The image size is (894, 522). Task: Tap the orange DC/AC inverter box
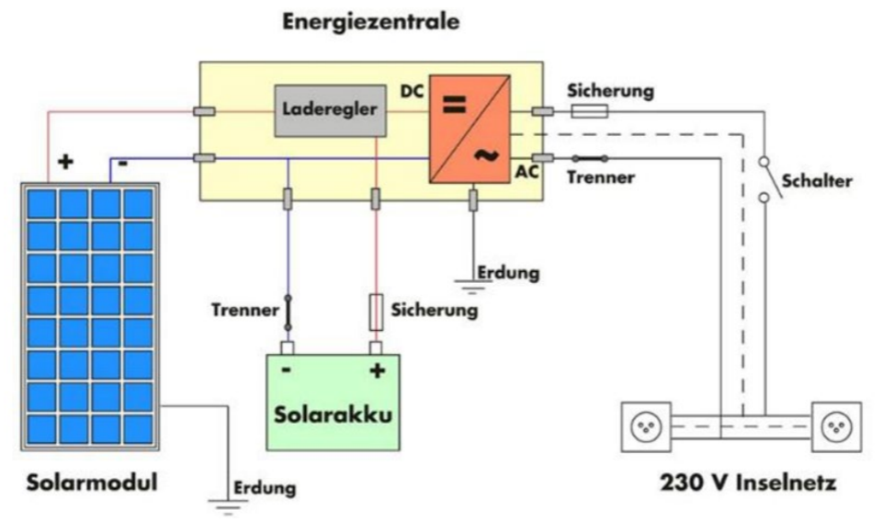pos(469,128)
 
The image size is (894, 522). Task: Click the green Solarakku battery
pos(334,402)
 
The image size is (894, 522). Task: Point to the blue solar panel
pos(91,313)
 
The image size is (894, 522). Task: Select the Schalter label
pos(816,181)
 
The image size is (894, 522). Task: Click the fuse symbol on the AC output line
pos(588,112)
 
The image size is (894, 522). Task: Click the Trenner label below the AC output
pos(600,178)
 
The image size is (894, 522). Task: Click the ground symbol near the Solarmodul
pos(224,501)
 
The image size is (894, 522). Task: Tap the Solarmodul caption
pos(92,482)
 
